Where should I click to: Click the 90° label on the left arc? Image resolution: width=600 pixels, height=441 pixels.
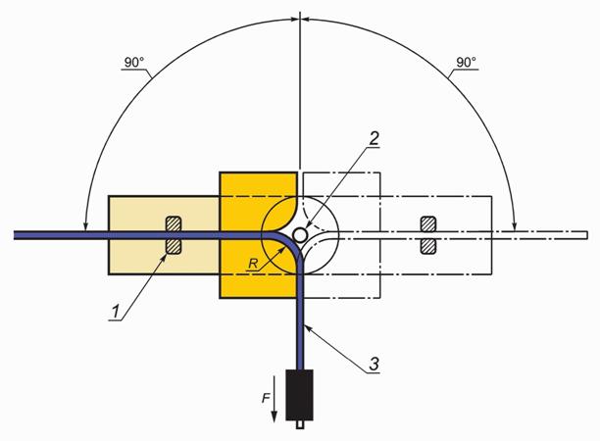134,63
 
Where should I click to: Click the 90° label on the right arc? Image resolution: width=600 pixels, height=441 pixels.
466,63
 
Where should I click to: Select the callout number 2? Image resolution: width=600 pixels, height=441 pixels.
374,138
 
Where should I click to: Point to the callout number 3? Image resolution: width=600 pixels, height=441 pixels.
374,364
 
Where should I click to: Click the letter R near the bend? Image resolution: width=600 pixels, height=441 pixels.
253,264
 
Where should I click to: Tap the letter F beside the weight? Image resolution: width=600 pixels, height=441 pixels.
266,399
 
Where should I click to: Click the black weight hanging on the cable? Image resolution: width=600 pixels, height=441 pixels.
300,395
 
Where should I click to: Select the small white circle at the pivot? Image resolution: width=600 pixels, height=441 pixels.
299,233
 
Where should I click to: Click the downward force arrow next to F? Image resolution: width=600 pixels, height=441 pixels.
275,399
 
